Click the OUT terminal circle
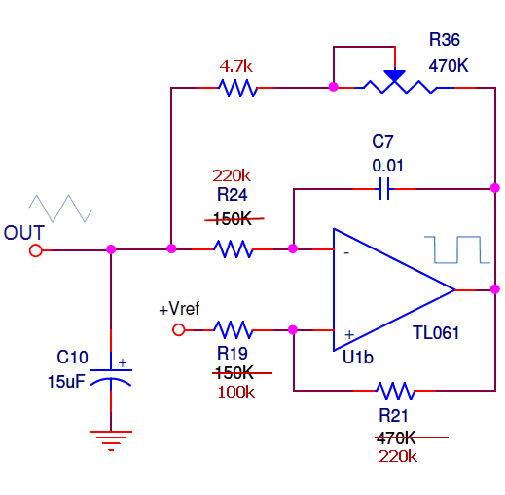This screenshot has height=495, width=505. click(x=36, y=250)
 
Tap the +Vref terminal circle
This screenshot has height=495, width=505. click(x=179, y=329)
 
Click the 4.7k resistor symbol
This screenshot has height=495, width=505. click(x=237, y=88)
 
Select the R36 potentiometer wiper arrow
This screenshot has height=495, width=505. click(x=394, y=75)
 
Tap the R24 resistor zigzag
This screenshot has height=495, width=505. click(x=234, y=249)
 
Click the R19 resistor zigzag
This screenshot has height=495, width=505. click(x=234, y=329)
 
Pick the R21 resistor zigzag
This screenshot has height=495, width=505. click(x=395, y=391)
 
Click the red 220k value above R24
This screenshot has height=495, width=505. click(x=232, y=175)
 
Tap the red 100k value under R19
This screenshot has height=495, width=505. click(x=236, y=391)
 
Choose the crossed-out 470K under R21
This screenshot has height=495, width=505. click(x=396, y=438)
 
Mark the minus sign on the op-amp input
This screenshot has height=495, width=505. click(x=345, y=252)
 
